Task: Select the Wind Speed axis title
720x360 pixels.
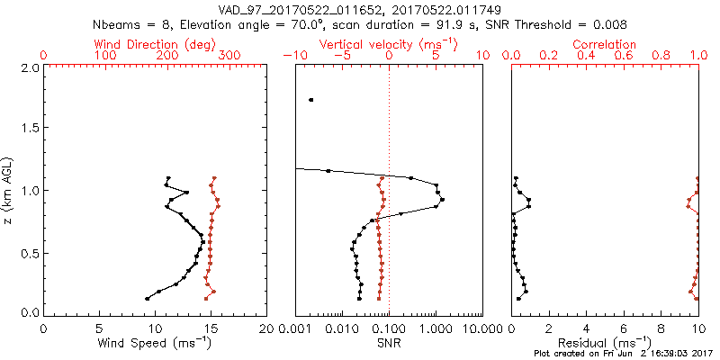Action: tap(156, 343)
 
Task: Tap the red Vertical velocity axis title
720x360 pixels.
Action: tap(389, 44)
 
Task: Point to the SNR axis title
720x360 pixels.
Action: tap(389, 343)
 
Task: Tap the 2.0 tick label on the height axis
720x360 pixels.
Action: tap(29, 67)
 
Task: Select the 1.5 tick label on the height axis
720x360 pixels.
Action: tap(29, 129)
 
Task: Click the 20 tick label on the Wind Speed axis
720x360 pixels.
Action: tap(267, 328)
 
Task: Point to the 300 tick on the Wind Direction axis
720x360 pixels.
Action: tap(229, 56)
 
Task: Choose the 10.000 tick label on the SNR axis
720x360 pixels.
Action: tap(484, 328)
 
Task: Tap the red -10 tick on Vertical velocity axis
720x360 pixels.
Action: tap(290, 56)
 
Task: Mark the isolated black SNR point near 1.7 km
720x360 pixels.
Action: tap(311, 100)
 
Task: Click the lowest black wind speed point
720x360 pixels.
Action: tap(147, 299)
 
